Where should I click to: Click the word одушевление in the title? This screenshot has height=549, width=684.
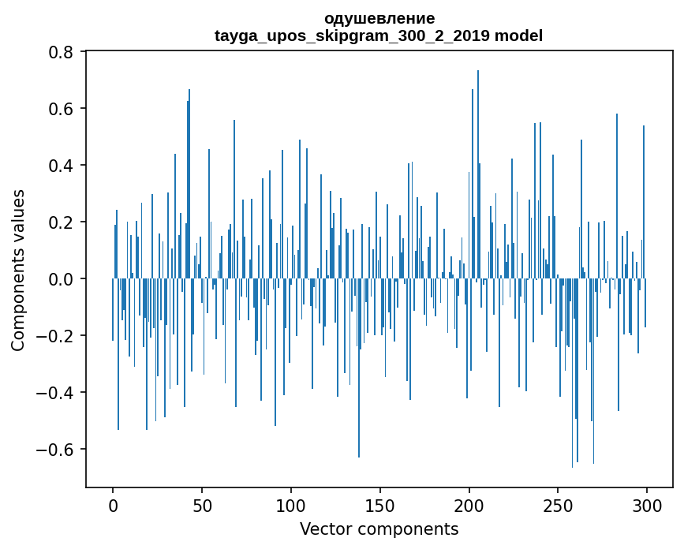[x=379, y=18]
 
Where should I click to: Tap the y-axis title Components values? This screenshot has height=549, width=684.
[x=18, y=270]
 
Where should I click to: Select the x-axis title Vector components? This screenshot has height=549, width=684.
[x=379, y=529]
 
